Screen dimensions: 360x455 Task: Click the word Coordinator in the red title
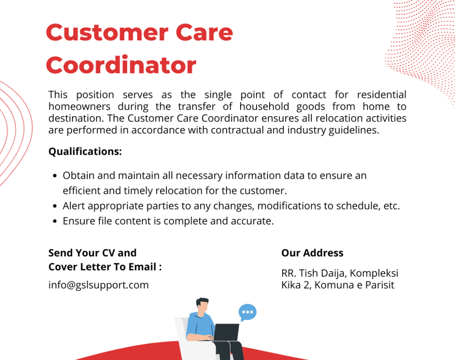[x=121, y=65]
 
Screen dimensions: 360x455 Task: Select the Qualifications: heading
[x=85, y=152]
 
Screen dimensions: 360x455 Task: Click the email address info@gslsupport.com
[x=99, y=285]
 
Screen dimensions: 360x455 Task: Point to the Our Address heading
[x=312, y=253]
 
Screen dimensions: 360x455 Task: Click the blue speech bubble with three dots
[x=247, y=312]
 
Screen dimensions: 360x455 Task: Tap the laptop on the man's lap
[x=226, y=332]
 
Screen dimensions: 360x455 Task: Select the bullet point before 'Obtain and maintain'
[x=55, y=176]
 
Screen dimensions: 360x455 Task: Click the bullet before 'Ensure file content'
[x=55, y=221]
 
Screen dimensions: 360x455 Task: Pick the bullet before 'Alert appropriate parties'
[x=55, y=206]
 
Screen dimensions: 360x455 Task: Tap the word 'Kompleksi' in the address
[x=374, y=274]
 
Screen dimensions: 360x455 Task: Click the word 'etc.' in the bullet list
[x=391, y=206]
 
